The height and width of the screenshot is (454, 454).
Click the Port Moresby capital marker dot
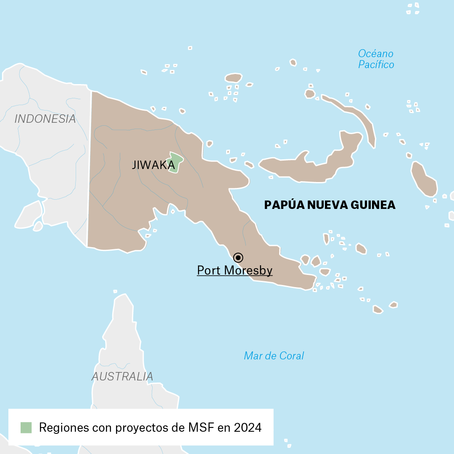click(238, 257)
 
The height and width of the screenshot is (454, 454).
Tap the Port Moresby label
click(235, 270)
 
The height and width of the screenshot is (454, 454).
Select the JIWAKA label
click(153, 165)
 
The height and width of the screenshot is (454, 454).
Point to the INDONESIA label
click(45, 119)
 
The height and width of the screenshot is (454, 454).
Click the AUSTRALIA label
click(122, 377)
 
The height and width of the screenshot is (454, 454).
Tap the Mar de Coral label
click(274, 356)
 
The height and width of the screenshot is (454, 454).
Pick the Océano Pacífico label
click(376, 59)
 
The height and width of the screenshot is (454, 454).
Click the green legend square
click(26, 428)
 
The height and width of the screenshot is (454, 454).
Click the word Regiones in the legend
click(64, 428)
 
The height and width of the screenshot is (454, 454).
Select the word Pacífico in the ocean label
click(376, 65)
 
